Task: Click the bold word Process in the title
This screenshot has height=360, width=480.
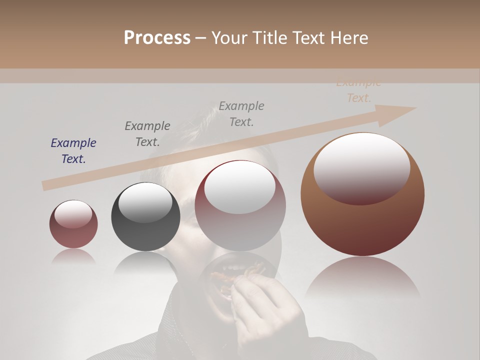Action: point(157,37)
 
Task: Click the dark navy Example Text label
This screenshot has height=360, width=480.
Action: point(73,151)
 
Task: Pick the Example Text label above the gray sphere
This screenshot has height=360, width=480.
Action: point(147,134)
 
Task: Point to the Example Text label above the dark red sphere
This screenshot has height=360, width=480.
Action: point(241,114)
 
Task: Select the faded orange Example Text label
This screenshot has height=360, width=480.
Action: point(358,91)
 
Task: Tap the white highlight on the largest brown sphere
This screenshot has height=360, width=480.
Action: point(361,167)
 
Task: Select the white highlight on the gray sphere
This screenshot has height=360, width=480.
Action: point(145,202)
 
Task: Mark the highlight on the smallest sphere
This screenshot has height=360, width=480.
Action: point(73,214)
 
